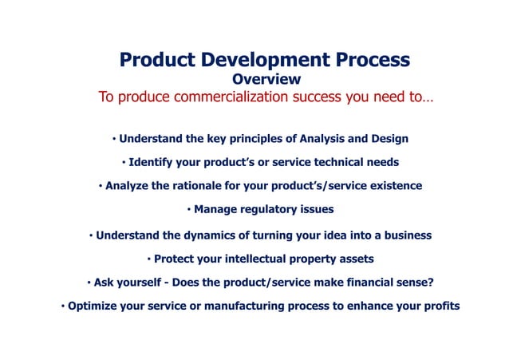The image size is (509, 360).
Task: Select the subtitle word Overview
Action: [x=266, y=80]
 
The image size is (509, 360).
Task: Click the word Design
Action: [x=389, y=139]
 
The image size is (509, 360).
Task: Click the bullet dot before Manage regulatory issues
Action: [x=188, y=210]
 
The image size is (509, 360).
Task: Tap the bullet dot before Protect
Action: [x=148, y=259]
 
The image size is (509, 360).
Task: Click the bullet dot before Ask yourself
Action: [x=89, y=283]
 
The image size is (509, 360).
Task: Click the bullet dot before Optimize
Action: [x=62, y=307]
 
